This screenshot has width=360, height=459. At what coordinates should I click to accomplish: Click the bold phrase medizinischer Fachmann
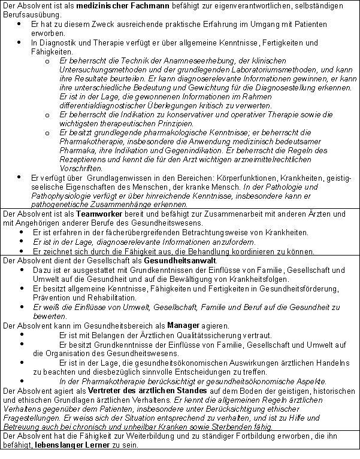(117, 5)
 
